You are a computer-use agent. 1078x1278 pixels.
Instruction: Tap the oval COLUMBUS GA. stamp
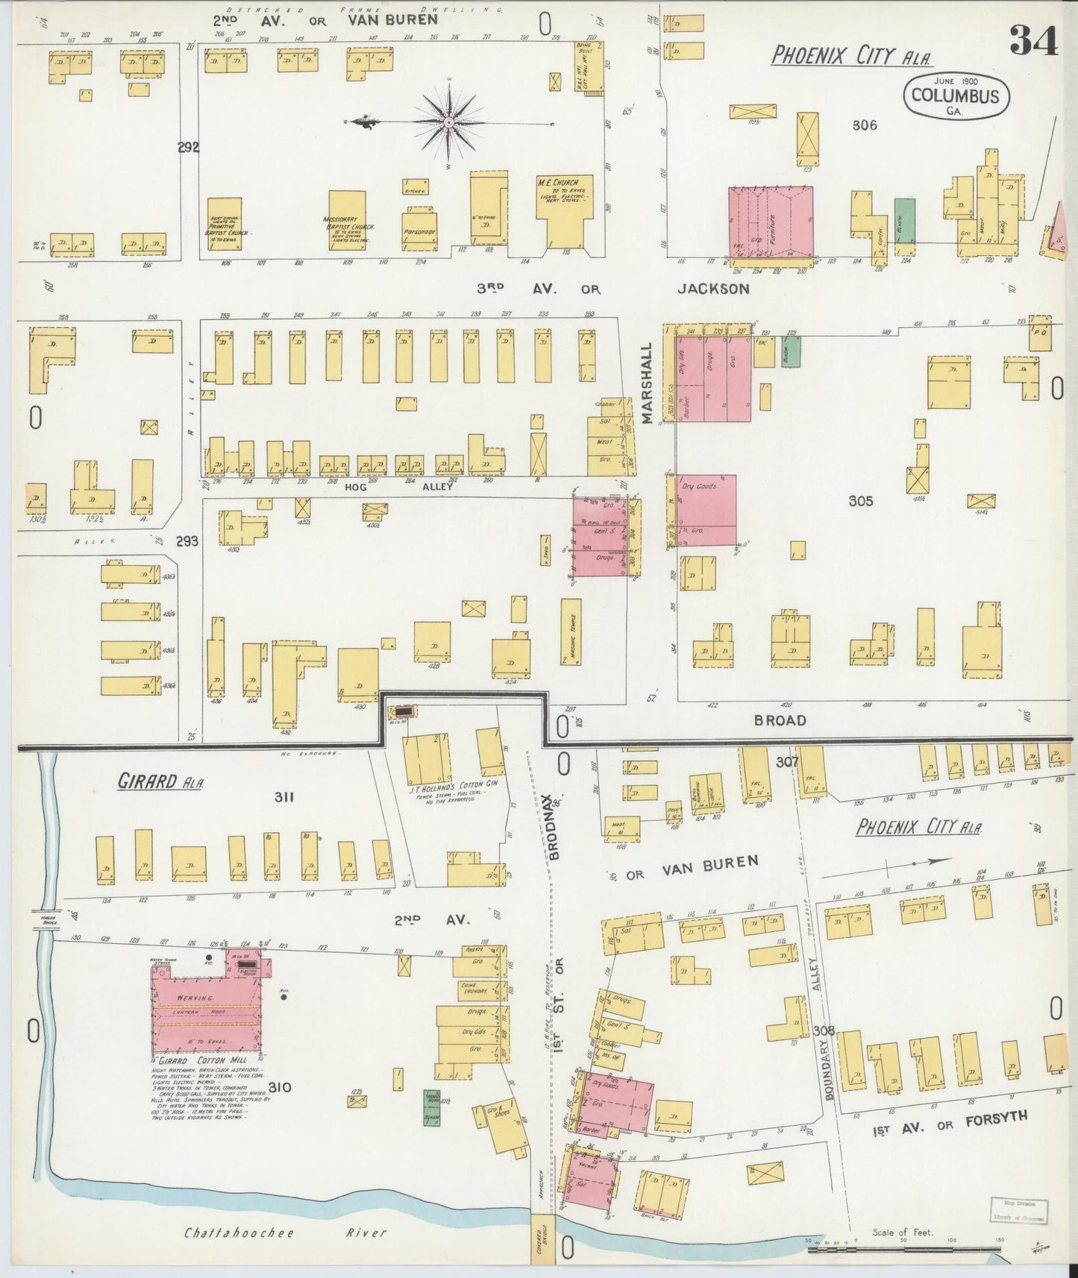pyautogui.click(x=956, y=96)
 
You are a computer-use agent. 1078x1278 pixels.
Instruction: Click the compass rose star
pyautogui.click(x=449, y=122)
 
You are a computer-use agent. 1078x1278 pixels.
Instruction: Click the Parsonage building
pyautogui.click(x=419, y=231)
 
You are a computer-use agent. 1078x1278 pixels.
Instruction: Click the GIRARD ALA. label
pyautogui.click(x=160, y=781)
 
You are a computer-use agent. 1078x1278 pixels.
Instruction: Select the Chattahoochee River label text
pyautogui.click(x=285, y=1233)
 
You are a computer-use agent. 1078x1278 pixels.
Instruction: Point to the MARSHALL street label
pyautogui.click(x=647, y=383)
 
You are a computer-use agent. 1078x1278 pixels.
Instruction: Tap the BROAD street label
pyautogui.click(x=780, y=720)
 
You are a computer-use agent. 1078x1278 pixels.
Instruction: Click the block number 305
pyautogui.click(x=861, y=501)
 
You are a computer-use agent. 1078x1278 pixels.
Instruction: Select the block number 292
pyautogui.click(x=188, y=148)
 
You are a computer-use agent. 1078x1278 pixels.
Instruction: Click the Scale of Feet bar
pyautogui.click(x=906, y=1246)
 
